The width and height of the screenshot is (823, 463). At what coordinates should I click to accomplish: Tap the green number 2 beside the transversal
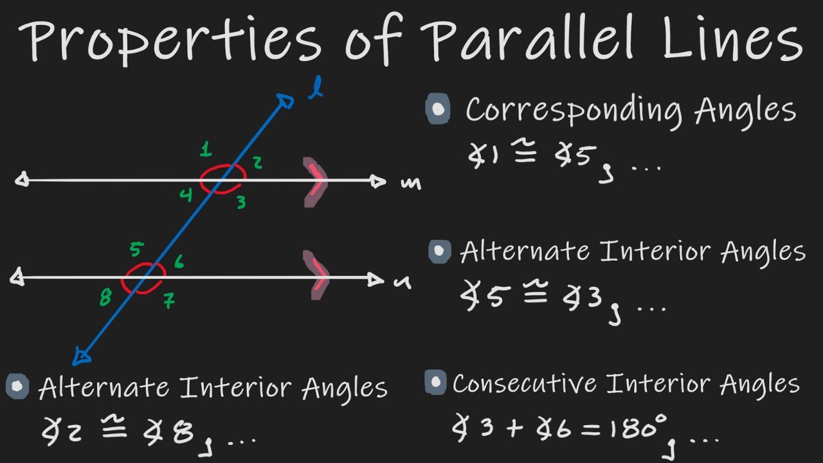(x=257, y=163)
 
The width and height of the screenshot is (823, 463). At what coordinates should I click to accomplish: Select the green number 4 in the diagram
(x=186, y=194)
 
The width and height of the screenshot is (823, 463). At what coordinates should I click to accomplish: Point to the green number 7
(x=169, y=300)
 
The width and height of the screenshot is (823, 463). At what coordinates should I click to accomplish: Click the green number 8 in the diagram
(x=105, y=298)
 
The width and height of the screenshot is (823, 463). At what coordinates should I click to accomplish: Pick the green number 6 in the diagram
(x=178, y=262)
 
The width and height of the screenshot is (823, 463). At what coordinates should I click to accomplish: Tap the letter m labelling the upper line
(x=410, y=184)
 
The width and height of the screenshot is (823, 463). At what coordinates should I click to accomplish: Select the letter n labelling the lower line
(x=402, y=282)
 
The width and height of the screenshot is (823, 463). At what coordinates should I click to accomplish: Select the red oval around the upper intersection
(x=223, y=178)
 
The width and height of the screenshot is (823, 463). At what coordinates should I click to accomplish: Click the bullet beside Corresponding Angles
(x=438, y=109)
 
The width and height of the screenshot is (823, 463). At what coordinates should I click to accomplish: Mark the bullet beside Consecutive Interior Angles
(x=435, y=383)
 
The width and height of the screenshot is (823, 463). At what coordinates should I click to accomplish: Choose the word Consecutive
(x=524, y=384)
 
